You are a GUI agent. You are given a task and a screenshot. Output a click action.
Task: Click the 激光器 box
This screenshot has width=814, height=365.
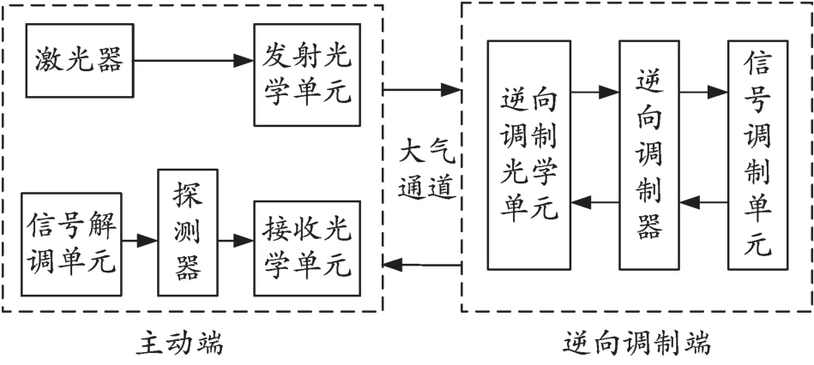point(79,61)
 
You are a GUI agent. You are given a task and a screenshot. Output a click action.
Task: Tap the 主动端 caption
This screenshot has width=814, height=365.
point(180,344)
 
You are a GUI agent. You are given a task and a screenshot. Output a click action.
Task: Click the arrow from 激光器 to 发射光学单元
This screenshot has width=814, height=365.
point(192,61)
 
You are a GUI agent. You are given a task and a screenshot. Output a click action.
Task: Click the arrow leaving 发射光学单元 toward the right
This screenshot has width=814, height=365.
point(421,88)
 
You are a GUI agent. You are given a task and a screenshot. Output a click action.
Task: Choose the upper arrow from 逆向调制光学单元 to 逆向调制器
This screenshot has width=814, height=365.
point(595,89)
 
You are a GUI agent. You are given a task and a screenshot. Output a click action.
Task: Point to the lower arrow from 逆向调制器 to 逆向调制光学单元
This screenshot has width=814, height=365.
point(595,204)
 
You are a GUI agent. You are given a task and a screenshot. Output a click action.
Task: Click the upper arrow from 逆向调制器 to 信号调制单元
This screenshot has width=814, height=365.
point(703,89)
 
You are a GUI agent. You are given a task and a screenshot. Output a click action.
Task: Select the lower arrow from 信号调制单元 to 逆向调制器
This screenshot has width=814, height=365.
point(703,204)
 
